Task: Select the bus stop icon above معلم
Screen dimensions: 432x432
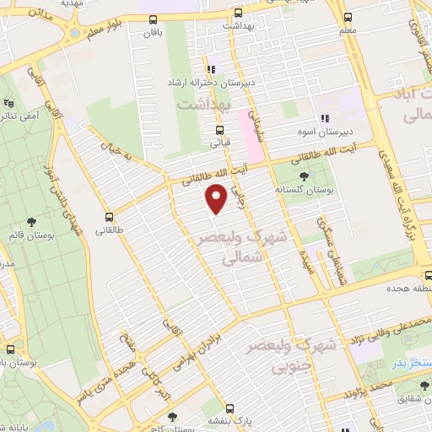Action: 348,16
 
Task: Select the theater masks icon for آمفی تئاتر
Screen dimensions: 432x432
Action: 8,105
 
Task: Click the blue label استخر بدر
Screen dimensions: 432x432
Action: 410,363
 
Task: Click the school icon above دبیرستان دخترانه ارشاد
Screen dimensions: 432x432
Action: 210,70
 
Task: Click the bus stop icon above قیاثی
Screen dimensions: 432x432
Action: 219,130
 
